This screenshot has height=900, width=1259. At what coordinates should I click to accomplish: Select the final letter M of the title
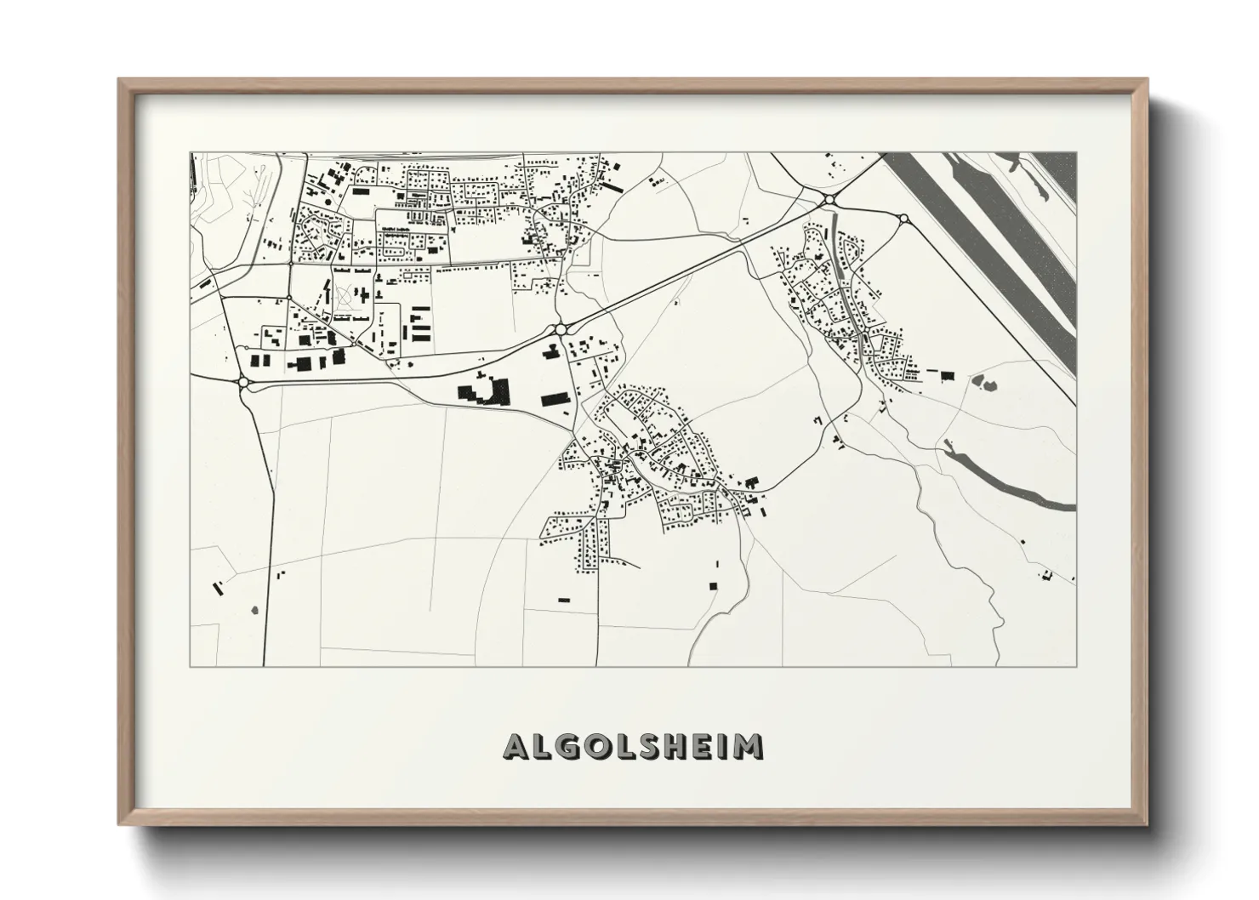(748, 747)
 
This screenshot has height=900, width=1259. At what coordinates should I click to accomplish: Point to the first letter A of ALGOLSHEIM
(518, 747)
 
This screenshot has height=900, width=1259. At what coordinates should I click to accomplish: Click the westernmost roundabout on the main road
(245, 384)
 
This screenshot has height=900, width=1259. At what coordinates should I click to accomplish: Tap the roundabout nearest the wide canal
(903, 219)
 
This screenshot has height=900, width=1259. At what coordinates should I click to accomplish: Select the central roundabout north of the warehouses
(561, 328)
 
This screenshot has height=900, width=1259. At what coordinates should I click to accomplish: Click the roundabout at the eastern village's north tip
(829, 200)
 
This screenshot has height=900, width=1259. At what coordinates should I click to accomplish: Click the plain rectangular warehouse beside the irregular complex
(553, 397)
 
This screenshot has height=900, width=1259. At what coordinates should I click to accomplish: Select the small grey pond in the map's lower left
(254, 609)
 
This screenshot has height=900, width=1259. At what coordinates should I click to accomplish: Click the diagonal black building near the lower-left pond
(217, 587)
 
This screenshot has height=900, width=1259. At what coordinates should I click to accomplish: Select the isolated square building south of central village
(713, 584)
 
